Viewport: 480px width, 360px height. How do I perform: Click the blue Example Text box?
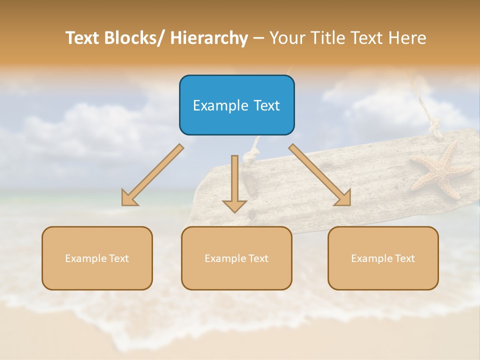236,105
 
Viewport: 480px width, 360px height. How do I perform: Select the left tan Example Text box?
97,258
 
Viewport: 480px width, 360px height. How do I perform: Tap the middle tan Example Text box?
236,258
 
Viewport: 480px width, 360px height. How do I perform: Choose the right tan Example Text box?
383,258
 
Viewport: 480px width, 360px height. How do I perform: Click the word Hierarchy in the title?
209,38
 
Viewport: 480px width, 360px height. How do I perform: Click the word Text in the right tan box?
404,258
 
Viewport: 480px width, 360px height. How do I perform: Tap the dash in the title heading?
258,38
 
